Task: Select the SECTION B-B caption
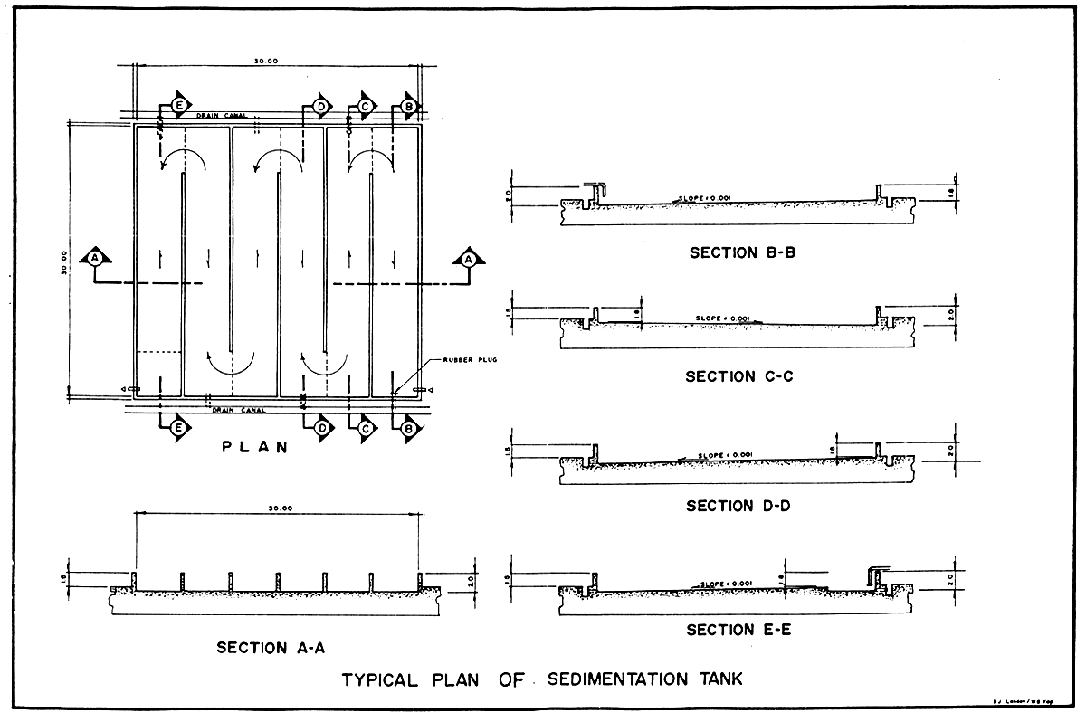click(742, 252)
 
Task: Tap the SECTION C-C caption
click(739, 375)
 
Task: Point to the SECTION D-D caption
click(738, 506)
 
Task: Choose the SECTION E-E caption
click(738, 629)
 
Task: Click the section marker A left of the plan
click(94, 258)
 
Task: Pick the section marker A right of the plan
click(467, 258)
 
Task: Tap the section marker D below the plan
click(322, 428)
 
